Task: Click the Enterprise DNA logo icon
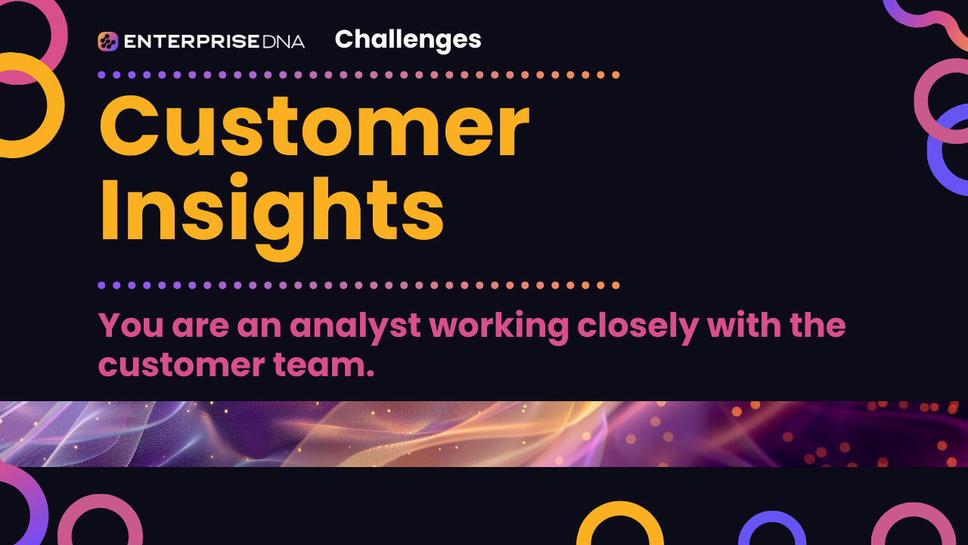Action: pyautogui.click(x=108, y=42)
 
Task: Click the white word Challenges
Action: pyautogui.click(x=408, y=39)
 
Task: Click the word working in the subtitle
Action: pyautogui.click(x=498, y=325)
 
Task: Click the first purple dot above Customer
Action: pyautogui.click(x=101, y=75)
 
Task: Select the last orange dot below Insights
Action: pyautogui.click(x=616, y=285)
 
